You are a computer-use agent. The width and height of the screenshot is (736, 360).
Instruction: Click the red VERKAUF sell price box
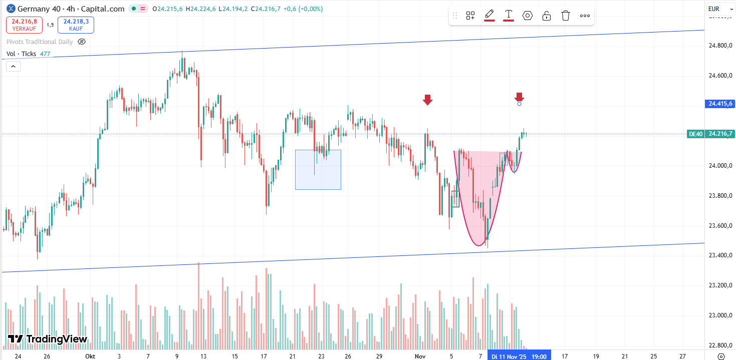click(x=25, y=25)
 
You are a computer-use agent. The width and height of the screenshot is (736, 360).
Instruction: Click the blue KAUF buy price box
click(x=76, y=25)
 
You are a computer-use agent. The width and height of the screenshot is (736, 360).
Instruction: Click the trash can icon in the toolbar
click(x=566, y=16)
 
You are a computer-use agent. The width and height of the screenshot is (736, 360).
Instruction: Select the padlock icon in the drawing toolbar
click(x=547, y=16)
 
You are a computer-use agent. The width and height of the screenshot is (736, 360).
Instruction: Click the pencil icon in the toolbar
click(x=489, y=15)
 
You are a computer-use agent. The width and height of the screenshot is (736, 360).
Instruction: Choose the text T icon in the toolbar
click(x=509, y=15)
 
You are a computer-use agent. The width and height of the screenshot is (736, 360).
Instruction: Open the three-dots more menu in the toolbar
click(x=585, y=16)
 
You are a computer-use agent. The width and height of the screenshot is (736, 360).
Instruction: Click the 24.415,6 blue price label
click(x=720, y=104)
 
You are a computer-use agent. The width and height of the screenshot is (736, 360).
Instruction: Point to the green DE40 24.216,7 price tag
click(x=711, y=134)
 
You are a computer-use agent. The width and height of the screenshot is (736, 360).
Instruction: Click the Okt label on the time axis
click(x=90, y=356)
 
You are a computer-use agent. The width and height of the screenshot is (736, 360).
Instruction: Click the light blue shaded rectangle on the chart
click(x=318, y=169)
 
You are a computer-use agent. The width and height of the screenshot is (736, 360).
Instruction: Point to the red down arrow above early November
click(x=427, y=100)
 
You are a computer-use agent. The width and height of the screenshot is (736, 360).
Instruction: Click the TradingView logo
click(x=48, y=339)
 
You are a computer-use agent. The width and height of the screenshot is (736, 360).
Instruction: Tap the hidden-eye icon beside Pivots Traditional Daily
click(x=82, y=42)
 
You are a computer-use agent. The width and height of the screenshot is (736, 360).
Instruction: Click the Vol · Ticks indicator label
click(x=21, y=54)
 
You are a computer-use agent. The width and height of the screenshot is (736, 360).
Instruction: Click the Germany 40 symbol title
click(x=43, y=9)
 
